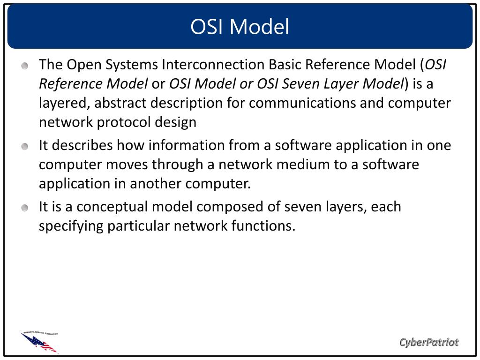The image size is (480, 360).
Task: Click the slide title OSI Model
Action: tap(240, 27)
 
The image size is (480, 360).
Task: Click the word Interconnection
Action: tap(213, 65)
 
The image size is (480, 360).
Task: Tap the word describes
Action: tap(82, 145)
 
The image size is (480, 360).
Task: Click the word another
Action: tap(156, 184)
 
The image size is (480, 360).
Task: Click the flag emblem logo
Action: tap(40, 342)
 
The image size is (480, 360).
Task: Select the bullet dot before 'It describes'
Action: tap(25, 146)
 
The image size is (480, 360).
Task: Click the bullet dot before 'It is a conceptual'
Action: tap(25, 208)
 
